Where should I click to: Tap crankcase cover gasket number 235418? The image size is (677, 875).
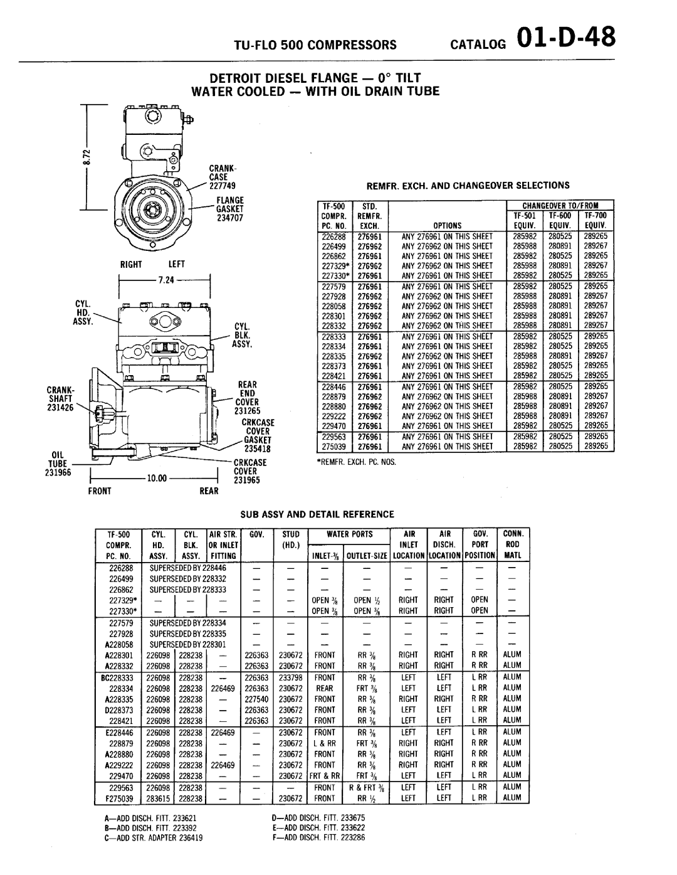coord(256,448)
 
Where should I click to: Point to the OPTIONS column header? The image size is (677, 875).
coord(446,226)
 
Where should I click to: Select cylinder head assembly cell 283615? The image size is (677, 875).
coord(158,798)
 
